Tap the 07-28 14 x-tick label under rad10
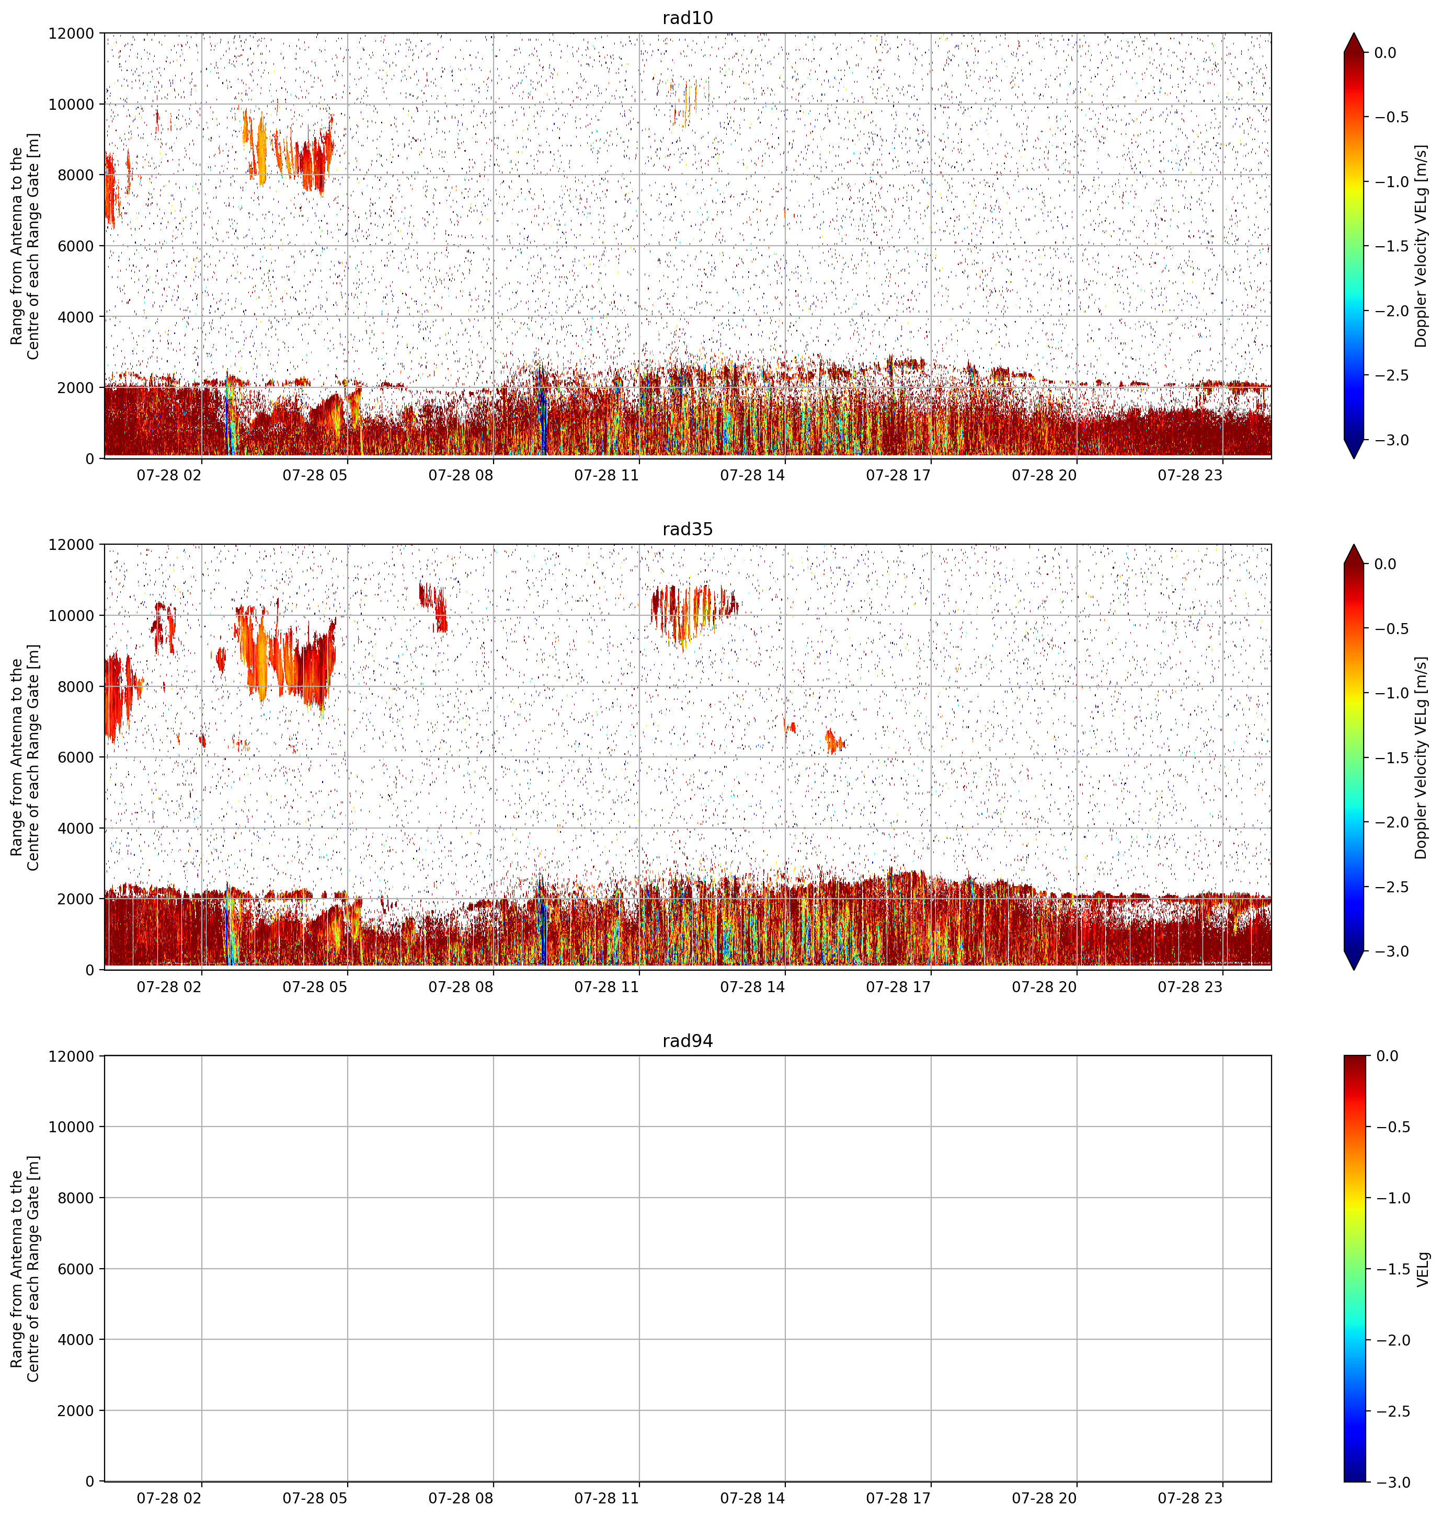point(752,475)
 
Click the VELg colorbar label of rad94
point(1423,1269)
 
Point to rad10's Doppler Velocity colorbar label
point(1421,246)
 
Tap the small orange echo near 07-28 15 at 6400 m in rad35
point(834,742)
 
